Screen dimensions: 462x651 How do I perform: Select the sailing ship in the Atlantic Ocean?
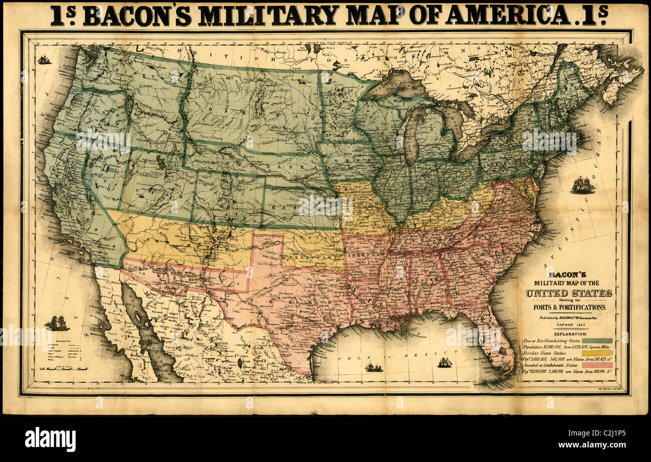(582, 185)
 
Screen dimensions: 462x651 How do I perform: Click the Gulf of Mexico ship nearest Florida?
(444, 362)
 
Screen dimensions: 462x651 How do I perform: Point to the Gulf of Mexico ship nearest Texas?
(373, 367)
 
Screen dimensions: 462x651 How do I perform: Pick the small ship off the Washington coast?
(44, 60)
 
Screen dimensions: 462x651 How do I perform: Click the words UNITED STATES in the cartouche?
(568, 293)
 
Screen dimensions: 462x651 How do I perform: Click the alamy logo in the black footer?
(50, 439)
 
